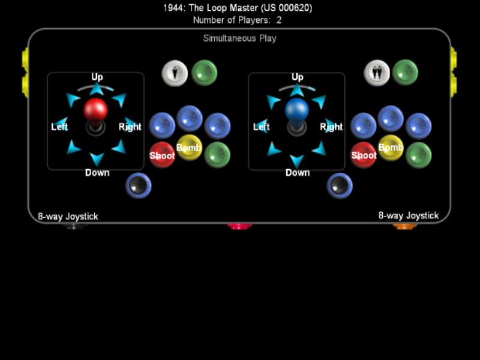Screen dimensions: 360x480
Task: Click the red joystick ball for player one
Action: click(95, 110)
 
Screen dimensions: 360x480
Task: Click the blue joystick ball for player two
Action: click(297, 110)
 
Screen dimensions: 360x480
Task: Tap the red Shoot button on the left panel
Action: click(162, 155)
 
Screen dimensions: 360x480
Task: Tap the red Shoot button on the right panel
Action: click(364, 155)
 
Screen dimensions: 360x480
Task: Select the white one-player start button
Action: click(175, 73)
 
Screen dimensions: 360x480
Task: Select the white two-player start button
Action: click(377, 73)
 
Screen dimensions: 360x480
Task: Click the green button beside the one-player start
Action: click(204, 73)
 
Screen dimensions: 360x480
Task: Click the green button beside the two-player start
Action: click(406, 73)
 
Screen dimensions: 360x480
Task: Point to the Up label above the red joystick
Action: click(97, 77)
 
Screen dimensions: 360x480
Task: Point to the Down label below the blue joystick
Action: click(298, 173)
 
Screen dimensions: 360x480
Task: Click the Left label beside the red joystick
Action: click(59, 127)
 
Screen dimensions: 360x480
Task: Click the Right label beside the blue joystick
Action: click(331, 127)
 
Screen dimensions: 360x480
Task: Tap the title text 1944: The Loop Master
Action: click(238, 8)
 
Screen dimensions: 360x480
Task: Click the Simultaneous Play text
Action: click(239, 38)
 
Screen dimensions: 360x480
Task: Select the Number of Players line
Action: click(238, 20)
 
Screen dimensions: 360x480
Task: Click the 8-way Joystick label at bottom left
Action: click(68, 217)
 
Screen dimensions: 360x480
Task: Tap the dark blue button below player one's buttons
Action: click(139, 185)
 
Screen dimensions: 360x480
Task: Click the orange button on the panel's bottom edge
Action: click(405, 226)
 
